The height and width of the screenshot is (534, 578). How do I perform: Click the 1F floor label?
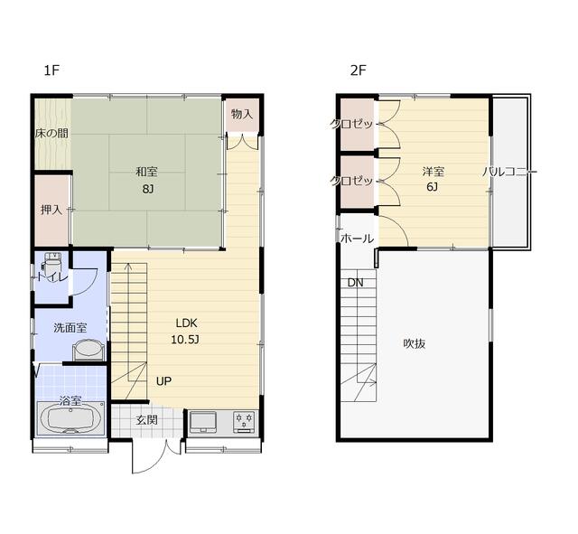pos(51,70)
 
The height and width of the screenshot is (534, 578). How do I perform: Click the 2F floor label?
pos(358,70)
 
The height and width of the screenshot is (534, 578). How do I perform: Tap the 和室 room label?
pos(146,172)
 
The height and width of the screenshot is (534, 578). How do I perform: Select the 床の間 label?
pos(51,133)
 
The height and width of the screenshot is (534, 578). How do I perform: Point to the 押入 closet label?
pos(51,210)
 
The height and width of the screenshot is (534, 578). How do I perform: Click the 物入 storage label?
pos(242,114)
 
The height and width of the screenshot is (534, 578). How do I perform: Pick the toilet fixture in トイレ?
pos(51,262)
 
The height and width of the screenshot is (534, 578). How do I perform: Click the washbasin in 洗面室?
pos(89,351)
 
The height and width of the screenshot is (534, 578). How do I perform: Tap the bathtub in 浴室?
pos(70,418)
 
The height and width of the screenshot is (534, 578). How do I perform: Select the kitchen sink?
pos(202,422)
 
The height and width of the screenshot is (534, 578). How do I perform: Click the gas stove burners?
pos(244,422)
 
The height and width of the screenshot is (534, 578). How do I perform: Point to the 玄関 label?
pos(146,419)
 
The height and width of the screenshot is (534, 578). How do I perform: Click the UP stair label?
pos(163,381)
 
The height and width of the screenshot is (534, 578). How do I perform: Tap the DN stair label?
pos(355,283)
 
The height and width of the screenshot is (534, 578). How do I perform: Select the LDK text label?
pos(187,323)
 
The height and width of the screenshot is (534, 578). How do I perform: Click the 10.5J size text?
pos(185,340)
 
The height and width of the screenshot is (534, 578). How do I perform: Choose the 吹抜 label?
pos(415,343)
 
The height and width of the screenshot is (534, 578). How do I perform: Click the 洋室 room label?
pos(433,172)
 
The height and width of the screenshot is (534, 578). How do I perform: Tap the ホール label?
pos(358,239)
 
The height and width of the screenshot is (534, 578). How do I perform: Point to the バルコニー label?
pos(509,172)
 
